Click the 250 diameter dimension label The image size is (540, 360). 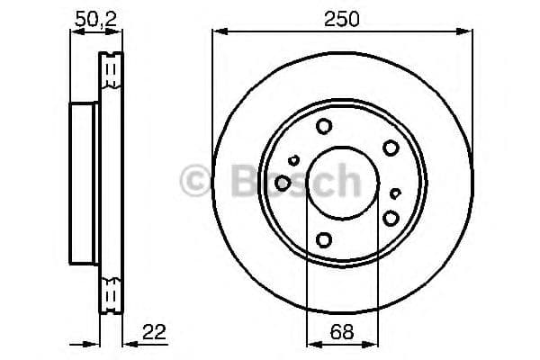click(342, 19)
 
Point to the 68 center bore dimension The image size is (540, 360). click(341, 332)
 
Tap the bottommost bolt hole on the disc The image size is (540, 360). click(323, 239)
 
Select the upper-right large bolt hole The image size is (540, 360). click(390, 148)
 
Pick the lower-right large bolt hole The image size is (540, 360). click(390, 217)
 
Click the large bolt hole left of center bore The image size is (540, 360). click(283, 183)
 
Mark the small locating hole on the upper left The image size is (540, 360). click(293, 160)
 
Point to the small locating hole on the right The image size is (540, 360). click(396, 192)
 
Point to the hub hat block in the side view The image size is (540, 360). click(84, 183)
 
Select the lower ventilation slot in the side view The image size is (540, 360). click(112, 294)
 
